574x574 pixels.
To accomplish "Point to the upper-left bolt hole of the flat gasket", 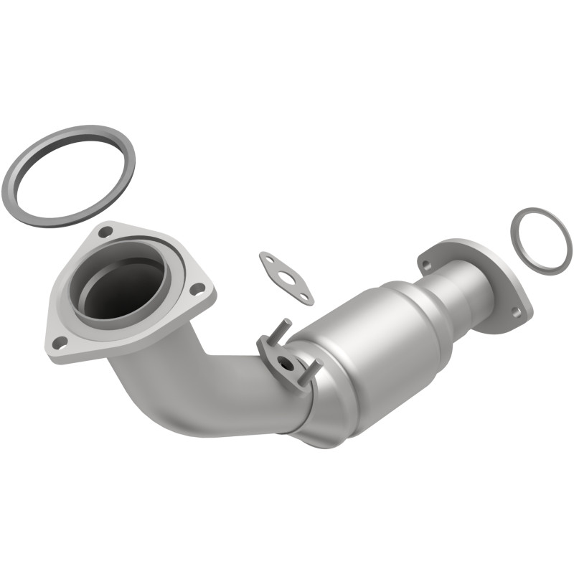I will [269, 260].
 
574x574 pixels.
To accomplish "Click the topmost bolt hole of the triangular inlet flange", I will [105, 232].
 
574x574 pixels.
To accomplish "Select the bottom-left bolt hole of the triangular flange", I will [60, 342].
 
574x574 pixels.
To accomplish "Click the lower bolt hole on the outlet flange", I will [515, 311].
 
